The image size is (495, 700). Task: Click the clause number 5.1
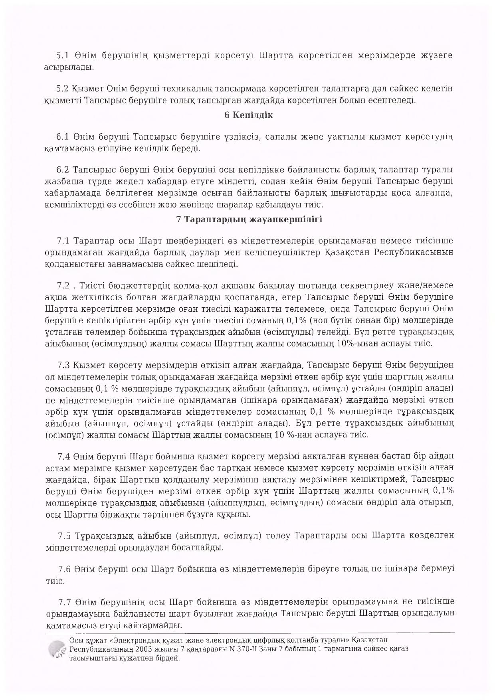pyautogui.click(x=63, y=55)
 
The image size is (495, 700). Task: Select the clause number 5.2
pyautogui.click(x=63, y=88)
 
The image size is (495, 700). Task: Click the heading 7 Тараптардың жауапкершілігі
pyautogui.click(x=249, y=219)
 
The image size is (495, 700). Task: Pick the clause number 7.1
pyautogui.click(x=64, y=241)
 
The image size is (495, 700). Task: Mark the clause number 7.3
pyautogui.click(x=64, y=365)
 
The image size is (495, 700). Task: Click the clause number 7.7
pyautogui.click(x=65, y=602)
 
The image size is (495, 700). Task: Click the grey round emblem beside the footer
pyautogui.click(x=56, y=649)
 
